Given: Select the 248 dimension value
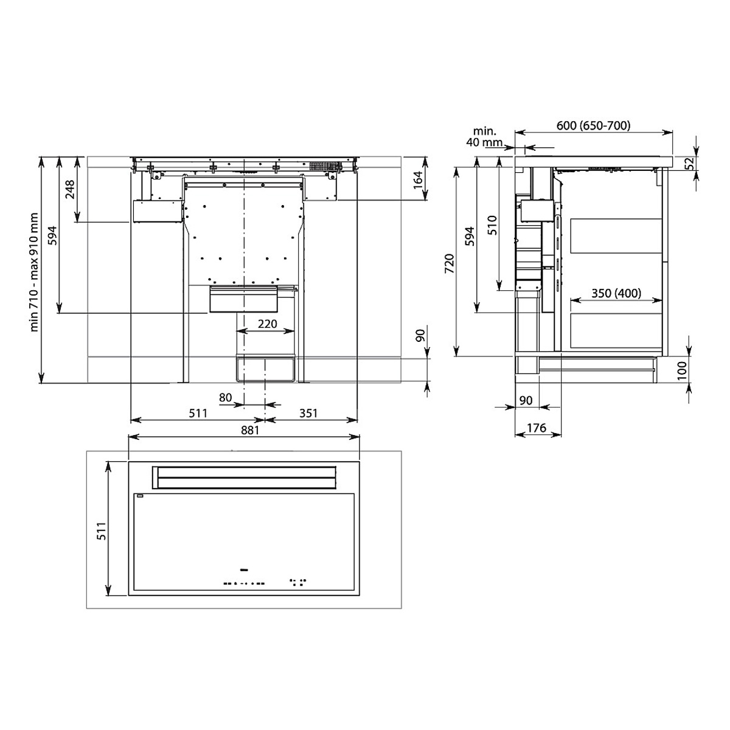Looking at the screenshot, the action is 70,189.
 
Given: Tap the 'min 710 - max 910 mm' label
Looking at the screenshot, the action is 35,272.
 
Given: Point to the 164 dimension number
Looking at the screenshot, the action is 417,180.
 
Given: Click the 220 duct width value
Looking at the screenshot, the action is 268,324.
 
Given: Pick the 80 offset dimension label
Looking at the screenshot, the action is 225,397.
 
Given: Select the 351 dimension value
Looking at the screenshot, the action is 308,413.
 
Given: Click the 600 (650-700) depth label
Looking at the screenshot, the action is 593,125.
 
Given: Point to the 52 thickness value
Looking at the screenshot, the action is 690,163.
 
